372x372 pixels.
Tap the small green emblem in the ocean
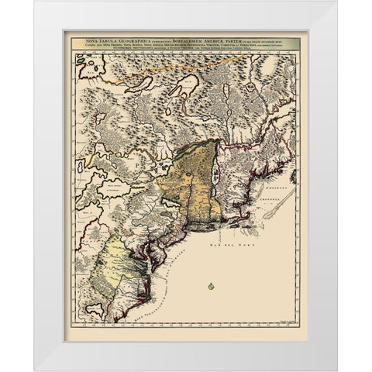tap(210, 288)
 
